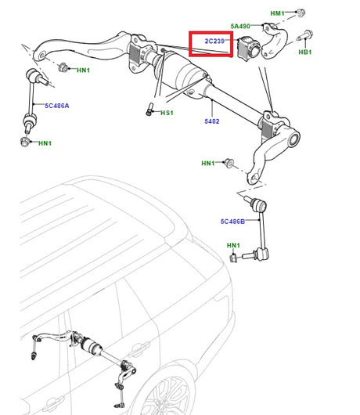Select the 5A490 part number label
click(241, 26)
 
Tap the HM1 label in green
click(278, 14)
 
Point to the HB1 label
click(304, 52)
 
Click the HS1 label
click(167, 113)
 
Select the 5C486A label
click(56, 105)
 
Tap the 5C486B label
click(232, 222)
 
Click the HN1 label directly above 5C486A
click(83, 70)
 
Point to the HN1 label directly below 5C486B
click(233, 246)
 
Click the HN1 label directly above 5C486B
click(208, 163)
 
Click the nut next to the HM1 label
click(301, 13)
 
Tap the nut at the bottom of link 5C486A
click(26, 142)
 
